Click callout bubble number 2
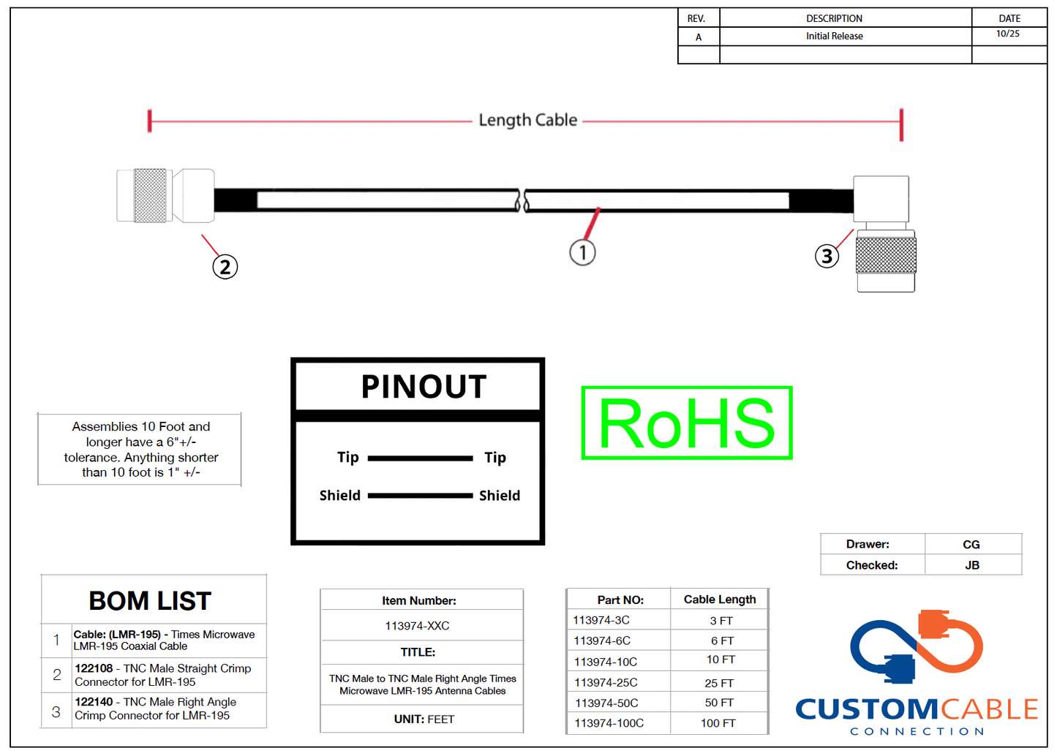click(225, 267)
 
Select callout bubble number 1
click(582, 252)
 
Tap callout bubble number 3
click(827, 256)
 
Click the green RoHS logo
click(687, 423)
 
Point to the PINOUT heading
click(424, 387)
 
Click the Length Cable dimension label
click(527, 121)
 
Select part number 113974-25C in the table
click(606, 683)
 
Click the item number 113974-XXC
click(417, 626)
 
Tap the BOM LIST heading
click(150, 601)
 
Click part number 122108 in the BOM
click(94, 668)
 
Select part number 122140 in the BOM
click(94, 702)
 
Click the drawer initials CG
click(971, 545)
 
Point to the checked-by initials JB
click(971, 565)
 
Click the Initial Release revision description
click(834, 37)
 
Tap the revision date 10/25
click(1007, 34)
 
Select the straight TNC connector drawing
click(165, 196)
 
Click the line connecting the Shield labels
click(420, 496)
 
